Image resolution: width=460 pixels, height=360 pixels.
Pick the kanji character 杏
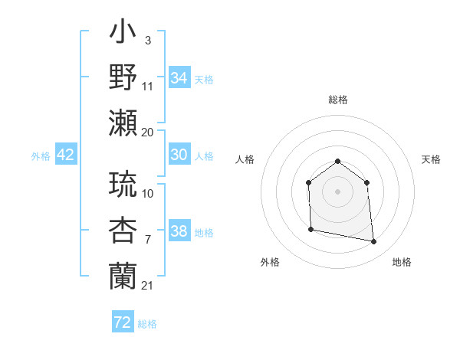123,230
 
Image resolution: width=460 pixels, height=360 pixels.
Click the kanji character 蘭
123,274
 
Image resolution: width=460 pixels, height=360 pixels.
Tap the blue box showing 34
179,77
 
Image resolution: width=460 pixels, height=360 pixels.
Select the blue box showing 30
179,155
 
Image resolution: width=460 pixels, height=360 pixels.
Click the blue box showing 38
179,231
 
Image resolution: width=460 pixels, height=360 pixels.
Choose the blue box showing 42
65,155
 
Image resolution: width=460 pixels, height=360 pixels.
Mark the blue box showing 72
122,322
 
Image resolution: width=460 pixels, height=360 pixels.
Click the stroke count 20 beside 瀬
147,132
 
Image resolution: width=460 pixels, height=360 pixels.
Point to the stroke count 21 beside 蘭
147,285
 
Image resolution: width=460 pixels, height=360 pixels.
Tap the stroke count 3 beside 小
147,40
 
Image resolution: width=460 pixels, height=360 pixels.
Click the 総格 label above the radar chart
337,100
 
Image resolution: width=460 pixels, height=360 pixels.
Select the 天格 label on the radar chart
431,159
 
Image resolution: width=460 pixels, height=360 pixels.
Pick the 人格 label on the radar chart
245,159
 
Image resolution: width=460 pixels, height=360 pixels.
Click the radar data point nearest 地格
374,242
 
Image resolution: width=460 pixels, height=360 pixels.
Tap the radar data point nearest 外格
310,229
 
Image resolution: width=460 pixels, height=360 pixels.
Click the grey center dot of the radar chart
337,191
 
